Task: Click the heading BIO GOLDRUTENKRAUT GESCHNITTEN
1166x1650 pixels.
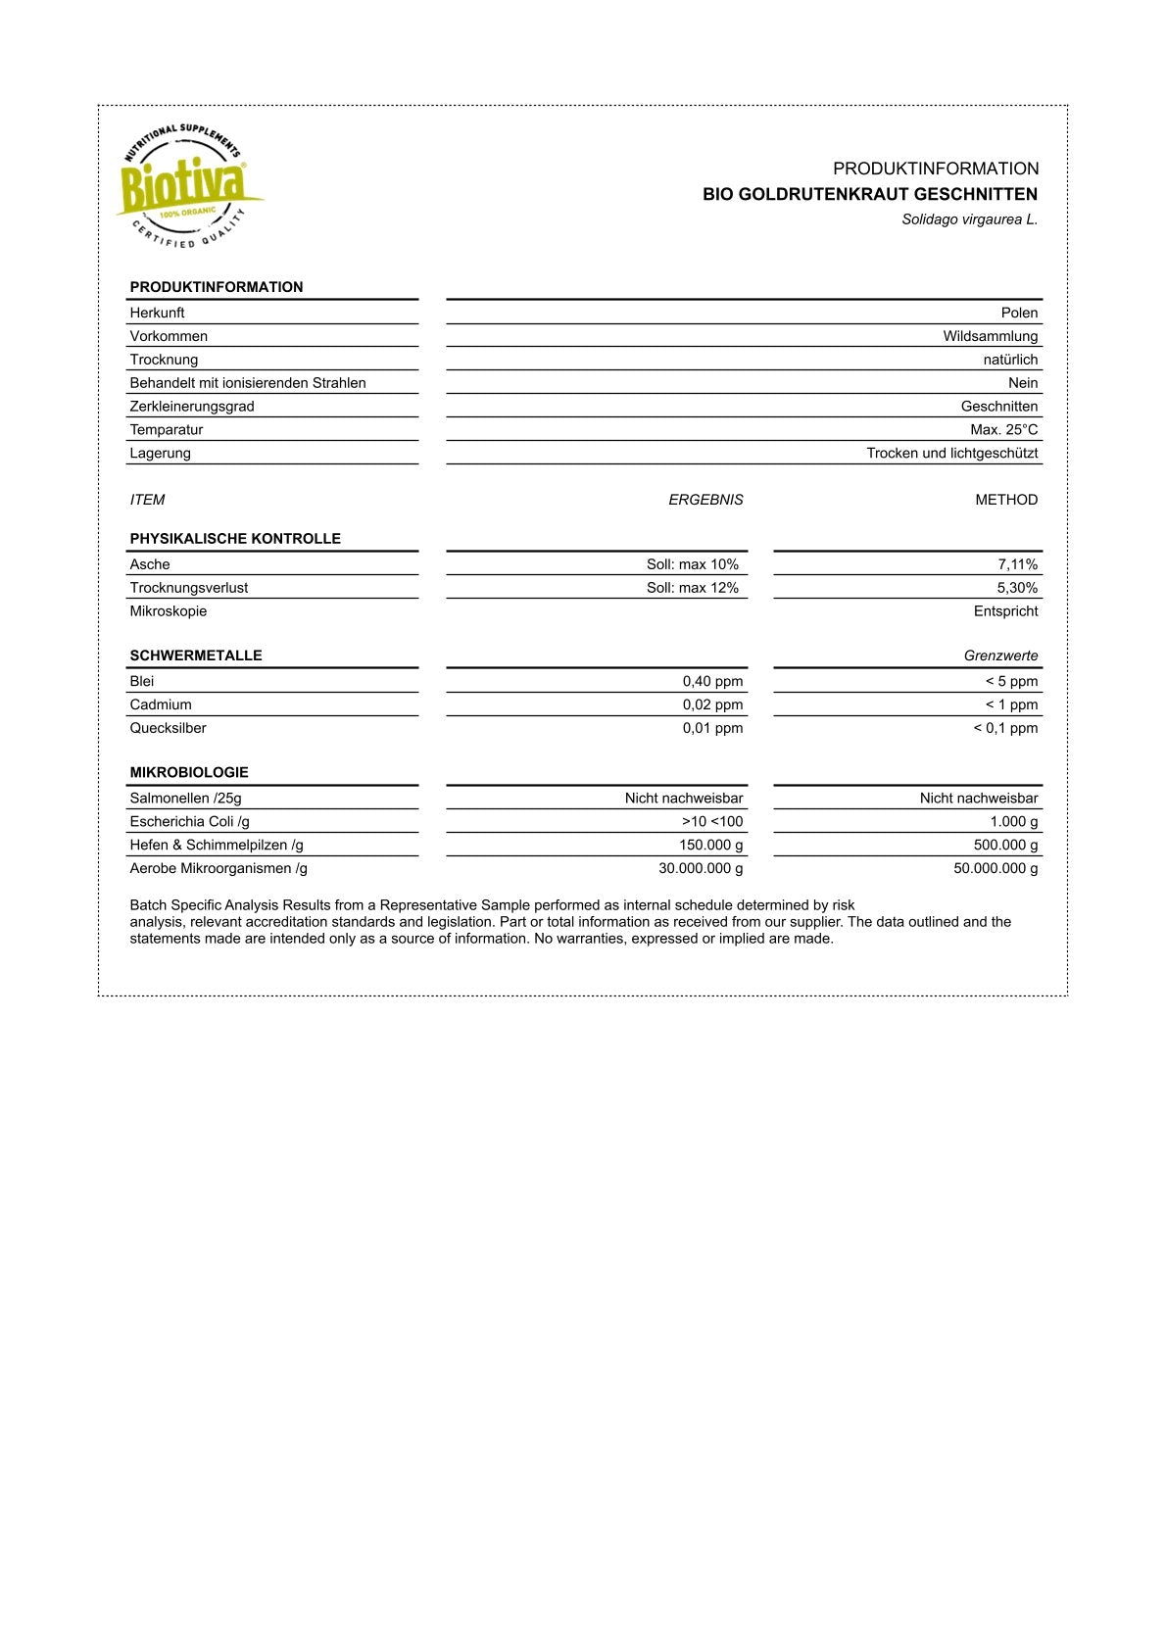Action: (869, 194)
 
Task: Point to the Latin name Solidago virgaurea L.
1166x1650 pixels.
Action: (969, 219)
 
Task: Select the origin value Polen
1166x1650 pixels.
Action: (1019, 313)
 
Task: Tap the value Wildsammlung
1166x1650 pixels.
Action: (990, 336)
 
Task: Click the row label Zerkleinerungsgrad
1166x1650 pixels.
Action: (192, 407)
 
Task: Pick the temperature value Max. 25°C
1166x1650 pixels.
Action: (1003, 430)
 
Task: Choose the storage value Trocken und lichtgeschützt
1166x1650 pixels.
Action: (951, 454)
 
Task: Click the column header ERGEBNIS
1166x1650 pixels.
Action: (705, 500)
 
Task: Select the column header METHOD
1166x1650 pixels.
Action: (1005, 500)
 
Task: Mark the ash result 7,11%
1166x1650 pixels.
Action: (1017, 564)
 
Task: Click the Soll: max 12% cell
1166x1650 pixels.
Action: (692, 588)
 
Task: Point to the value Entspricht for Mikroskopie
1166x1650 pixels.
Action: (1005, 611)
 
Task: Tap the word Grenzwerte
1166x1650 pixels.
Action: (1000, 656)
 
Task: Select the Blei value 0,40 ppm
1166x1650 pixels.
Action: (712, 682)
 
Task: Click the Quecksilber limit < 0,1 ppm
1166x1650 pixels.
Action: (1004, 728)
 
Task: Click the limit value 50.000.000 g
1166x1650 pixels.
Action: (996, 869)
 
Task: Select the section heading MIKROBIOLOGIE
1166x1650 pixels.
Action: (189, 773)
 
